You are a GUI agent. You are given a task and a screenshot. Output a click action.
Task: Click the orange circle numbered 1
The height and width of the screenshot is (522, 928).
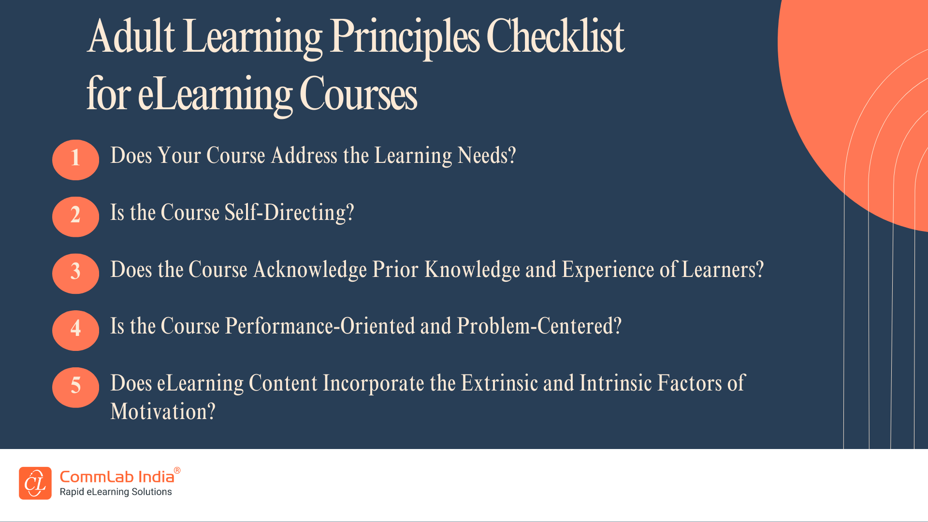pos(75,159)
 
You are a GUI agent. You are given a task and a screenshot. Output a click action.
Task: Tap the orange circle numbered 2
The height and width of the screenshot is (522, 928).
pos(75,217)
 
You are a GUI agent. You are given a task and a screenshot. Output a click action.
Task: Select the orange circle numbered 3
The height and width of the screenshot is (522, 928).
pos(75,274)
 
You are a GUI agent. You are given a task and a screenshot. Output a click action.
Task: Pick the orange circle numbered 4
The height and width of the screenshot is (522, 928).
pos(75,330)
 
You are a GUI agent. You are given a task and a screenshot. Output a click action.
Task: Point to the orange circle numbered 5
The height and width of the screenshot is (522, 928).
pos(75,387)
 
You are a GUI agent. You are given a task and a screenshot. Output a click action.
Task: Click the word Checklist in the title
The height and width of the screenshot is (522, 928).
pos(555,36)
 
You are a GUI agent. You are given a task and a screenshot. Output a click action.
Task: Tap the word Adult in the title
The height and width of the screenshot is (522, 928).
pos(131,36)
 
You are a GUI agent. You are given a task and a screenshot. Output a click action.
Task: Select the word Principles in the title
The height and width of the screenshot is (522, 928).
pos(405,39)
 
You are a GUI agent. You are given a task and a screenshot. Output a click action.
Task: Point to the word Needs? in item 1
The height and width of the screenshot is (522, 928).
pos(487,156)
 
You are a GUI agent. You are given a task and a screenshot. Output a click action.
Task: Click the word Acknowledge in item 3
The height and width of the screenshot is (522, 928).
pos(310,270)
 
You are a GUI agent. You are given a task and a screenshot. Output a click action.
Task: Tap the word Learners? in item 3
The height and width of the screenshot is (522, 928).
pos(723,270)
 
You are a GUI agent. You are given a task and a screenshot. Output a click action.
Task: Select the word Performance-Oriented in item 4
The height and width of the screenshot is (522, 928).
pos(320,326)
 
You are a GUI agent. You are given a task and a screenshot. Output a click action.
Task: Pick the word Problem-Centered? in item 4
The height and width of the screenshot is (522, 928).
pos(539,326)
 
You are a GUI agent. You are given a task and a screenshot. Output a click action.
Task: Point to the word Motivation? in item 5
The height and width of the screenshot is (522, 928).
pos(163,412)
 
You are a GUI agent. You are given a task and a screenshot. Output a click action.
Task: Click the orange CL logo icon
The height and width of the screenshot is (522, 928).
pos(35,483)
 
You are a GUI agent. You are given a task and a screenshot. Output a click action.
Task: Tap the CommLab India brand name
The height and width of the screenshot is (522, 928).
pos(117,477)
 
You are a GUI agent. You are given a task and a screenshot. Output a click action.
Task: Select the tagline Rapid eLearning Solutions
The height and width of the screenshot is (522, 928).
pos(116,492)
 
